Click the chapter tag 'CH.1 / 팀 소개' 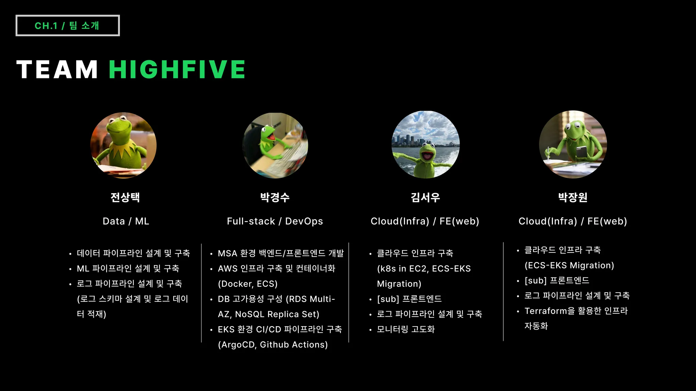click(x=67, y=25)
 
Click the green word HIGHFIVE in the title click(x=177, y=70)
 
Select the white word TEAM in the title click(x=57, y=70)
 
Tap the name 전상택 click(x=125, y=197)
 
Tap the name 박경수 click(x=275, y=197)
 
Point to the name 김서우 click(x=425, y=197)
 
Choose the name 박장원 click(x=573, y=197)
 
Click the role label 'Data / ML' click(x=126, y=221)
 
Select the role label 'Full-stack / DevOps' click(x=275, y=221)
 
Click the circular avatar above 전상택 click(x=123, y=145)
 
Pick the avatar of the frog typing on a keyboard click(x=275, y=145)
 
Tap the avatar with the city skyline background click(x=425, y=144)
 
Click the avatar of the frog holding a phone click(x=573, y=144)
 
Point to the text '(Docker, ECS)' click(x=248, y=284)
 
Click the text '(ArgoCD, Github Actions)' click(x=273, y=345)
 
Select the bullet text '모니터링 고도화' click(x=406, y=329)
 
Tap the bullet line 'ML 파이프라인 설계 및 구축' click(x=128, y=268)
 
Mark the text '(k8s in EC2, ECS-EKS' click(x=424, y=268)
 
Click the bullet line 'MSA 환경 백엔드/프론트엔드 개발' click(x=281, y=253)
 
